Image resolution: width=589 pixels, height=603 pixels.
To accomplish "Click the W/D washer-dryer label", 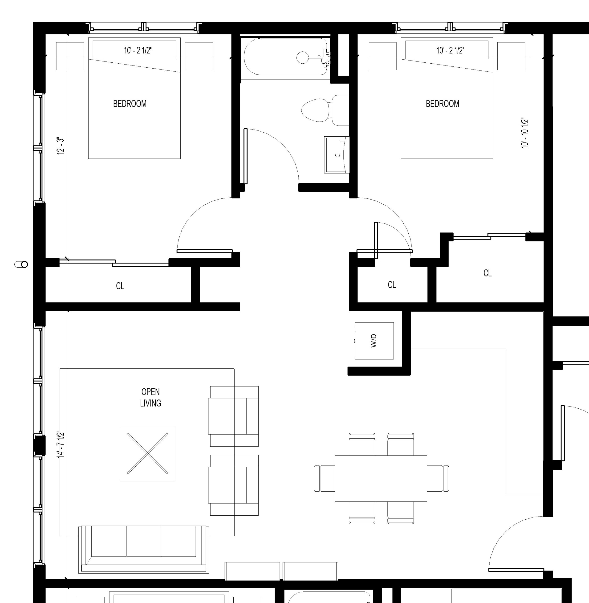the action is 374,341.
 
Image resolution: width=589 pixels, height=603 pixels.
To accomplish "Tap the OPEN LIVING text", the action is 151,398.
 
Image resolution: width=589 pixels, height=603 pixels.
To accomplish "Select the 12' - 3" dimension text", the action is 61,146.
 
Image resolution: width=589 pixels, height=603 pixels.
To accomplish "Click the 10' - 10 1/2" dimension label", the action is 525,133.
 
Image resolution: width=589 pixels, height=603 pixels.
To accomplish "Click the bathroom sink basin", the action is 337,155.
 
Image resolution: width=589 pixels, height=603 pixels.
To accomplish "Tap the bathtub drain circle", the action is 302,57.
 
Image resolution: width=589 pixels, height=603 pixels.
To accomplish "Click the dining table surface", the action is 381,478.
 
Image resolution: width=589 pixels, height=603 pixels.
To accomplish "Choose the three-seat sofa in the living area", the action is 143,549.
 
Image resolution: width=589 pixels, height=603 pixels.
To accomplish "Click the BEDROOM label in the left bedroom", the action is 130,104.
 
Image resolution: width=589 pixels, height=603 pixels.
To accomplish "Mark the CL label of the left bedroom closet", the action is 120,286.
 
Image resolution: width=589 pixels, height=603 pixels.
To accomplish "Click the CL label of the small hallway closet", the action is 392,285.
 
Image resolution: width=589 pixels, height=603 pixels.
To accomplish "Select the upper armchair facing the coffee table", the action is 234,416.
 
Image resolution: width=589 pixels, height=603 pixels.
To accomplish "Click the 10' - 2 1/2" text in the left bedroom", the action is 138,50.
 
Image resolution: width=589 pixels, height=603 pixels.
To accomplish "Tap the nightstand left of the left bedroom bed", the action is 70,56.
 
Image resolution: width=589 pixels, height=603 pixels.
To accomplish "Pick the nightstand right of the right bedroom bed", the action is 511,56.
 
